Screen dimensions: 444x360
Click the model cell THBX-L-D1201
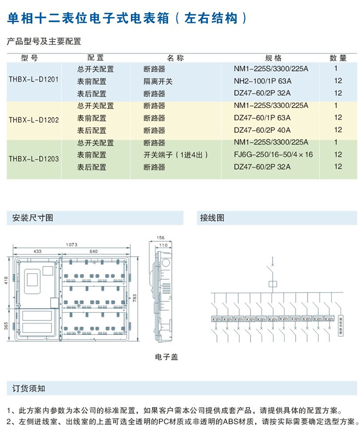(33, 80)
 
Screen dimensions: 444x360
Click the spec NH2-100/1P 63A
(262, 81)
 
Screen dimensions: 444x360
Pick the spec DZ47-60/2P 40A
(262, 130)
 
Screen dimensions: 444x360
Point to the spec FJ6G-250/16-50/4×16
(273, 154)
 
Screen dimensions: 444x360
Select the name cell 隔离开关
(158, 81)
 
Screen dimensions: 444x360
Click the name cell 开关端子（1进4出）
(176, 154)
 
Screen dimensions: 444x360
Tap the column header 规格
(273, 58)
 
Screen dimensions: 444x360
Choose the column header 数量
(338, 58)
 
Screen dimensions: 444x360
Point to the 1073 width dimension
(72, 244)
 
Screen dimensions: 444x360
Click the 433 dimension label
(38, 252)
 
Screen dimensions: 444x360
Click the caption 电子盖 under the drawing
(166, 356)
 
